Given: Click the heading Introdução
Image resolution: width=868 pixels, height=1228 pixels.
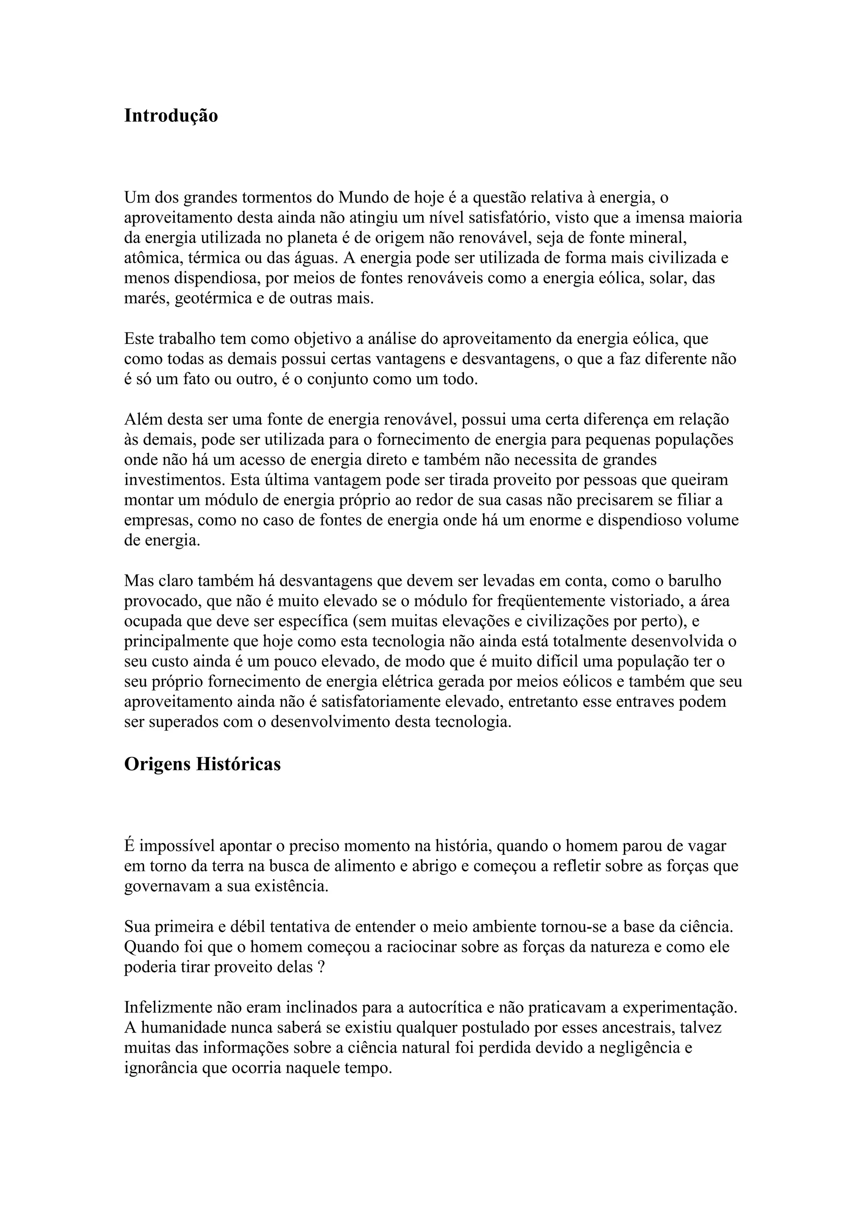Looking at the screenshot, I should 171,115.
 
